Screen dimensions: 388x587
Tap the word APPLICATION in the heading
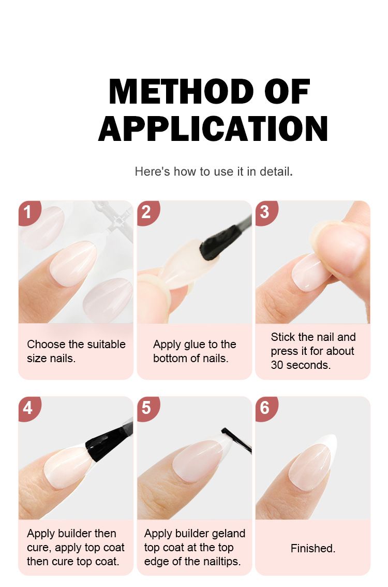point(213,128)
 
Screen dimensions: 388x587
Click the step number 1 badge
point(28,212)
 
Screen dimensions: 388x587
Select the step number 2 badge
point(147,212)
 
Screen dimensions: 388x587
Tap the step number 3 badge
point(265,212)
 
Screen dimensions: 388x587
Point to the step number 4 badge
point(28,408)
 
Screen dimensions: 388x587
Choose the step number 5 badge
point(147,408)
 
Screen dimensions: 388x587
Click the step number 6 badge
point(265,408)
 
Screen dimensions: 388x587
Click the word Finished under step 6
point(313,549)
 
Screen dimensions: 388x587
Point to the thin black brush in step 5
point(237,440)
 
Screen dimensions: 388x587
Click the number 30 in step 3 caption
point(277,365)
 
